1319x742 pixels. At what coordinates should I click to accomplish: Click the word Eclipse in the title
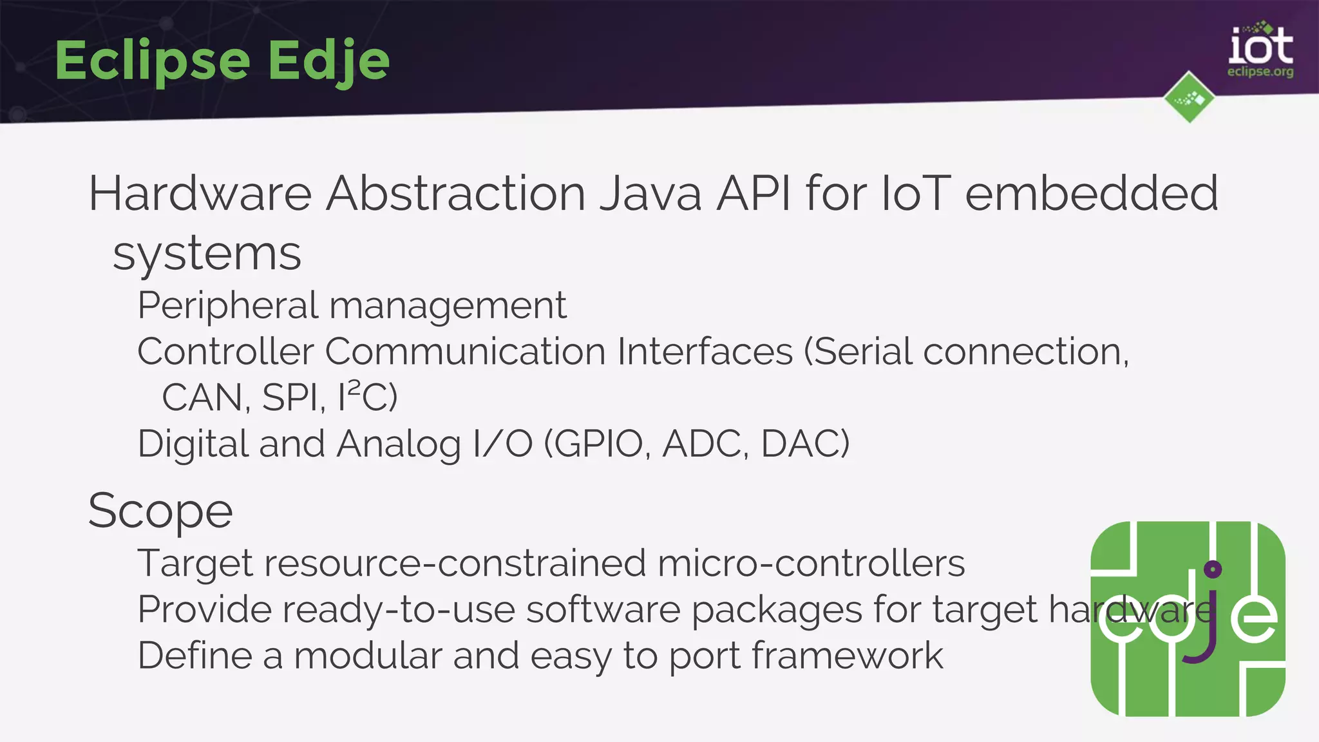pos(153,61)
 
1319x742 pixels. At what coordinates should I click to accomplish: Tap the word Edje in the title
pos(328,61)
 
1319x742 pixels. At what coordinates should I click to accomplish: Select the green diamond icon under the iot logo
pos(1189,98)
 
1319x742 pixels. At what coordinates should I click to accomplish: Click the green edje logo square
pos(1188,618)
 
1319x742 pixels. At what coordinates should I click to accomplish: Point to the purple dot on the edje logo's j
pos(1212,569)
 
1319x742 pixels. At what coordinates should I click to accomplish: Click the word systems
pos(207,254)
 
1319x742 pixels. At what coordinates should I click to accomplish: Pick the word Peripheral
pos(228,305)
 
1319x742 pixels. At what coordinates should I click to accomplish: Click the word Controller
pos(225,352)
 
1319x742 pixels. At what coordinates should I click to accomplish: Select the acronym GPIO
pos(599,444)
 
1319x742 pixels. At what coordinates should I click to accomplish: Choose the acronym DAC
pos(805,444)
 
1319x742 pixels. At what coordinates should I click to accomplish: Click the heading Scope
pos(160,511)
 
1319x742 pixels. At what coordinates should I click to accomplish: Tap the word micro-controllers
pos(811,564)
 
